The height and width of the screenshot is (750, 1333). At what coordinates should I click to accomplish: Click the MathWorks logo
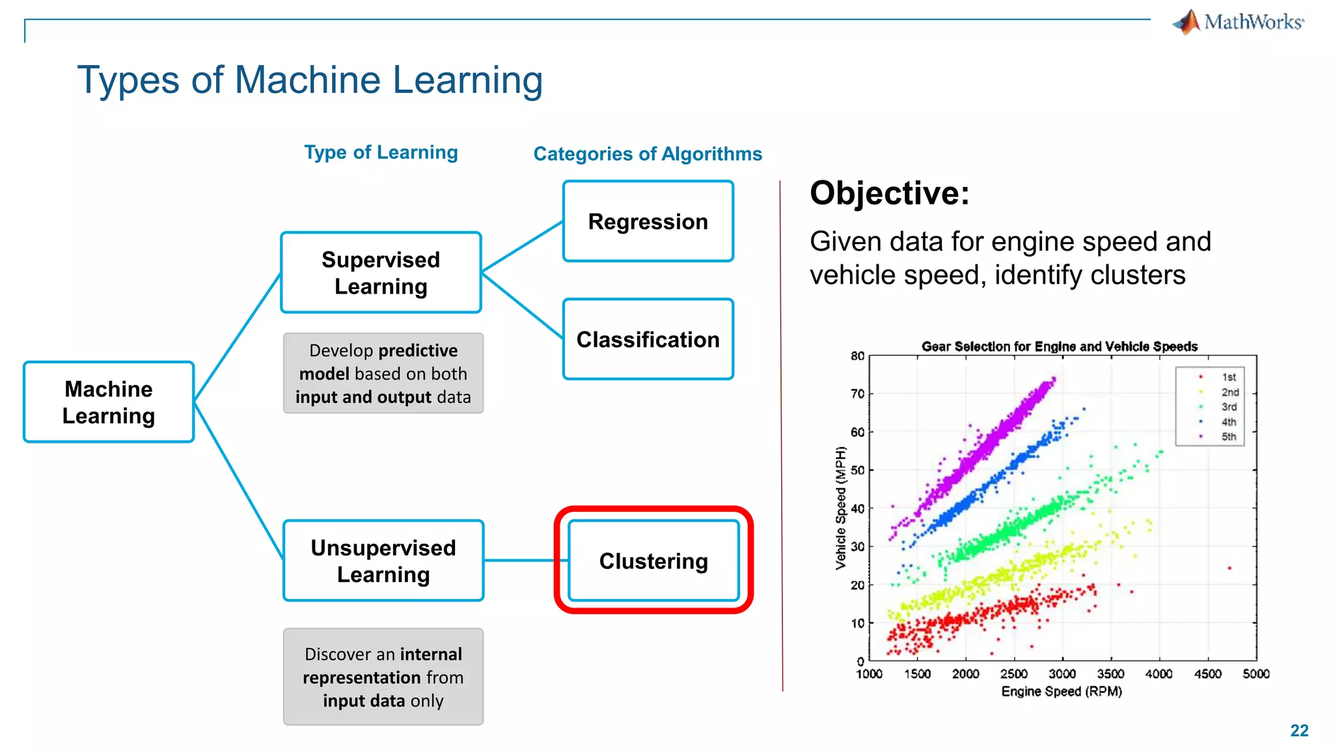coord(1238,22)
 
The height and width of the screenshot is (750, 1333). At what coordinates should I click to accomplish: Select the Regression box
coord(648,221)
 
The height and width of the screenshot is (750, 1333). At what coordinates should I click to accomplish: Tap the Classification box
coord(648,339)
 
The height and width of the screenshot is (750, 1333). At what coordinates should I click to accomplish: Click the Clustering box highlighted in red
coord(653,561)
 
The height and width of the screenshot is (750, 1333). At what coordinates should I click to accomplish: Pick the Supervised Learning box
coord(381,273)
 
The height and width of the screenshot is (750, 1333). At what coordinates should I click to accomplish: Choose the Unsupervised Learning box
coord(383,561)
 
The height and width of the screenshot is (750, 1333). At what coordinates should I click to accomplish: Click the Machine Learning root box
coord(109,402)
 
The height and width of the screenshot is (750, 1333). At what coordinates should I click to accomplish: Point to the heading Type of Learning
coord(381,152)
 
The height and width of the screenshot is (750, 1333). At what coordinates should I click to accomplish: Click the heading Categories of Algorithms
coord(648,154)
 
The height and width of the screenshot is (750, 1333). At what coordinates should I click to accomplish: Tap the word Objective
coord(889,193)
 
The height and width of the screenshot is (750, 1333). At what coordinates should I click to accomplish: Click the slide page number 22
coord(1299,730)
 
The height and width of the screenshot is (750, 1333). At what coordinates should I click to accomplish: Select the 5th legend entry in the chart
coord(1228,437)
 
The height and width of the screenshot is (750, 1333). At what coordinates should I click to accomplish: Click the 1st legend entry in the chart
coord(1228,377)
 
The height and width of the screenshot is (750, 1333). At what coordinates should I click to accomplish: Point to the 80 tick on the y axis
coord(857,356)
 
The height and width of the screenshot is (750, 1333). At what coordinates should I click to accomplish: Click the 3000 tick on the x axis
coord(1062,674)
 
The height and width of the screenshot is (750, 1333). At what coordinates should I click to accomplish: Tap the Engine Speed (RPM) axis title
coord(1062,691)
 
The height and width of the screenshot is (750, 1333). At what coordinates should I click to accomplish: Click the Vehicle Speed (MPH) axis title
coord(841,508)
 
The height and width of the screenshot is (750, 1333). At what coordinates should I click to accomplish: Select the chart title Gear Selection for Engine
coord(1059,346)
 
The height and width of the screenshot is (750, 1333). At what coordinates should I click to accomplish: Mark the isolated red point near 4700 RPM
coord(1230,568)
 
